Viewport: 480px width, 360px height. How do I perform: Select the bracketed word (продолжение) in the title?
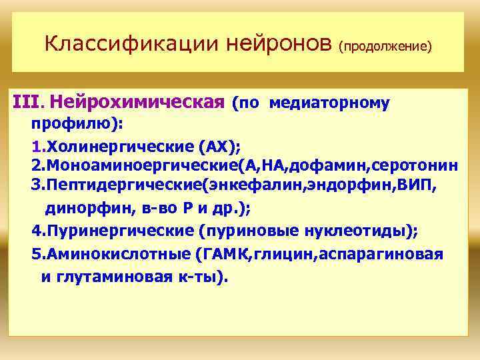pos(385,47)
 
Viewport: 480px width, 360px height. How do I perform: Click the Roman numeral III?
pos(26,104)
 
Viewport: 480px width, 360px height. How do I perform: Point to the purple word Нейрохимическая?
pos(136,104)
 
